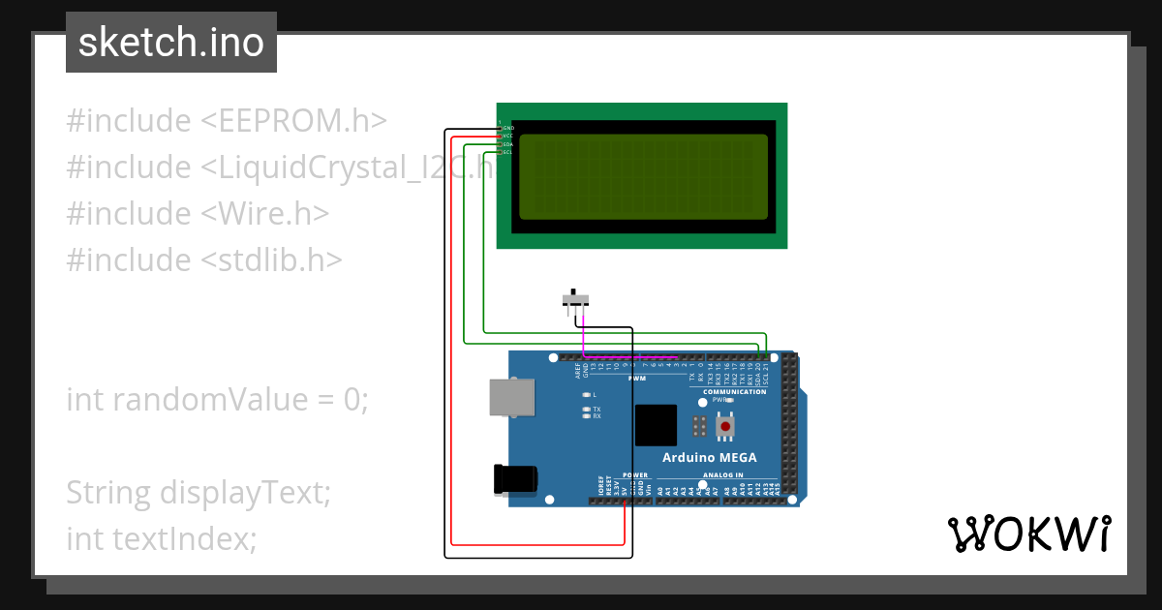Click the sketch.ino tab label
coord(170,43)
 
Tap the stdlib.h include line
coord(203,259)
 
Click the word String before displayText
coord(107,493)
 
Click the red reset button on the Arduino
coord(724,425)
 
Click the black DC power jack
coord(514,480)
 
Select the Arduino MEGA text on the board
coord(710,458)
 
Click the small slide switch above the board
coord(575,299)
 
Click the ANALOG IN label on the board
coord(722,475)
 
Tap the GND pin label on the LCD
coord(507,128)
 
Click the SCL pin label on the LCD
coord(506,152)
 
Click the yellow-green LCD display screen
coord(643,176)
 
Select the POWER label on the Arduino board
coord(634,475)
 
